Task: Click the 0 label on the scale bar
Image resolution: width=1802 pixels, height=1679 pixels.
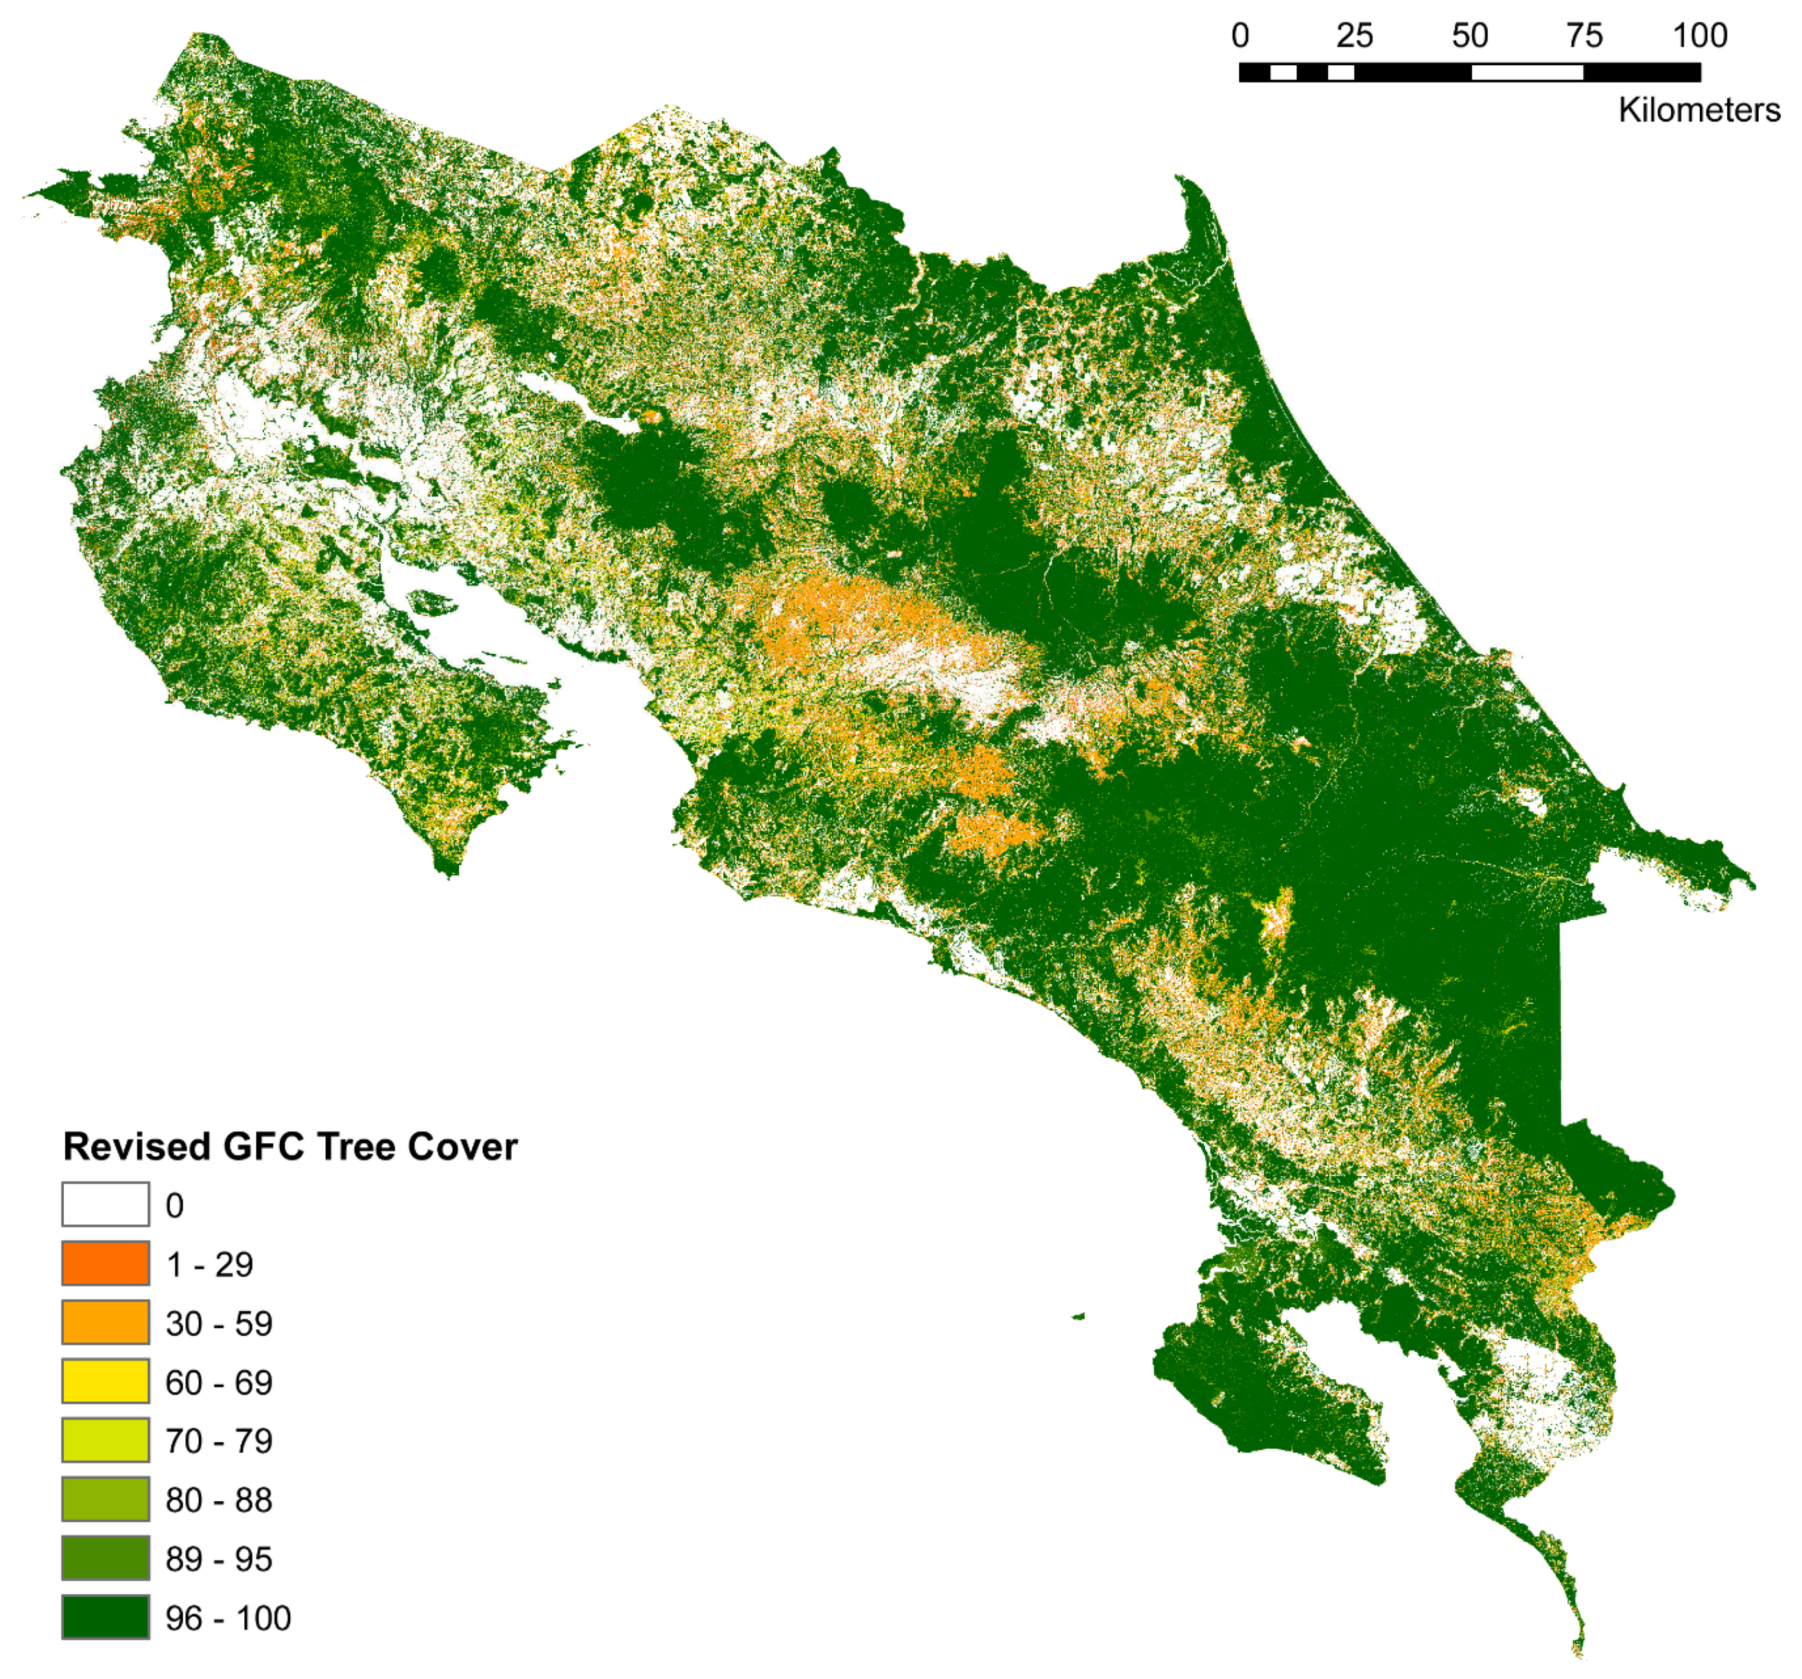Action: pyautogui.click(x=1240, y=36)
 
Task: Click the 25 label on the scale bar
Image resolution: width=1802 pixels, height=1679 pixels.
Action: pyautogui.click(x=1354, y=36)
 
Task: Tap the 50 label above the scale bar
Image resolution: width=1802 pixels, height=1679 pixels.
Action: pyautogui.click(x=1469, y=36)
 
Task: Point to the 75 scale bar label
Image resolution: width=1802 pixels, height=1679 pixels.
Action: pyautogui.click(x=1585, y=36)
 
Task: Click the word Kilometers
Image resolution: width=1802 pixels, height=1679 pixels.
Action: pyautogui.click(x=1698, y=110)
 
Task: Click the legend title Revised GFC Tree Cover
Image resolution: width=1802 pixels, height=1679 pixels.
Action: pyautogui.click(x=290, y=1147)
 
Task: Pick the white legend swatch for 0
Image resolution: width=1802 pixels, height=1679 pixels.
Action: pyautogui.click(x=105, y=1205)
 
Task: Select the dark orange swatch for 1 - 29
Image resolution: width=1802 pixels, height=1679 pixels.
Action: pyautogui.click(x=105, y=1264)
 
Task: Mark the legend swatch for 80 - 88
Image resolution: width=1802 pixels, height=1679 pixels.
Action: pyautogui.click(x=105, y=1499)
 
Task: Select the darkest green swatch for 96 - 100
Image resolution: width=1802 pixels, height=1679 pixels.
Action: pyautogui.click(x=105, y=1617)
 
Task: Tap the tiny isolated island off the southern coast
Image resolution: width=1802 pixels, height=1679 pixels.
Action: pyautogui.click(x=1078, y=1315)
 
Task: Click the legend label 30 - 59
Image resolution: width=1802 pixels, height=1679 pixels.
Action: pyautogui.click(x=218, y=1324)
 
